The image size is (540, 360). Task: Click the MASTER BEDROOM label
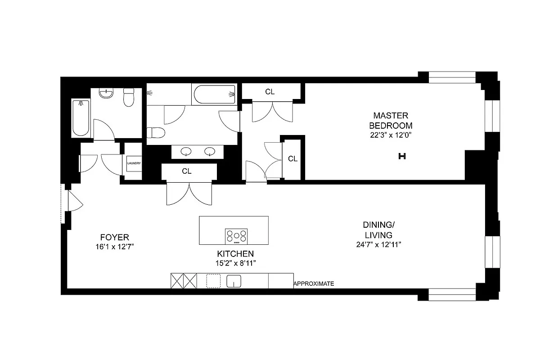pos(390,121)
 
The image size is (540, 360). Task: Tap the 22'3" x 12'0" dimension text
pos(390,135)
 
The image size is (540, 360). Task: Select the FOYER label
pos(115,237)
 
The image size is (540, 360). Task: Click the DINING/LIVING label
pos(378,230)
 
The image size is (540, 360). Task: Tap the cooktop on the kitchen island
pos(236,236)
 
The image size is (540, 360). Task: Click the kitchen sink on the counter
pos(234,281)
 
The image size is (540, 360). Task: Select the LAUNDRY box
pos(134,163)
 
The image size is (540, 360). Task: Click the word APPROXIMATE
pos(314,284)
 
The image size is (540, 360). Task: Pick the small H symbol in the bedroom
pos(402,157)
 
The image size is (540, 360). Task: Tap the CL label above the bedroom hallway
pos(270,92)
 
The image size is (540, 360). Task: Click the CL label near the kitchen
pos(187,171)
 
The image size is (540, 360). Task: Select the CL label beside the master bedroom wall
pos(292,158)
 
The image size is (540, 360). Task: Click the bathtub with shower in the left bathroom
pos(81,118)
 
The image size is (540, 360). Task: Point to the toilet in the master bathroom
pos(155,133)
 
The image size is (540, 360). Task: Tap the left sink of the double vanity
pos(187,152)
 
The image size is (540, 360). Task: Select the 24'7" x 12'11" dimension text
pos(378,245)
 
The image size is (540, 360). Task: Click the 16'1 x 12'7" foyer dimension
pos(115,247)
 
